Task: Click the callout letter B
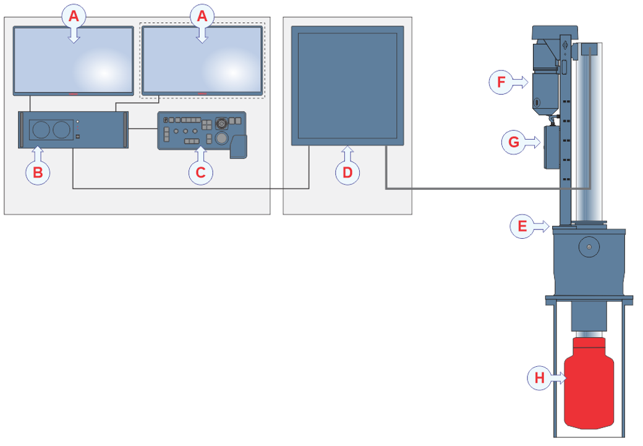click(38, 173)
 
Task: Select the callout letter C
click(200, 173)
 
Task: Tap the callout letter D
click(347, 173)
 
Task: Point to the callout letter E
click(522, 226)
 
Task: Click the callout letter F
click(501, 82)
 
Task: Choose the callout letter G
click(514, 142)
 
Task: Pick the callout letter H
click(539, 377)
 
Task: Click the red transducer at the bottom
click(589, 383)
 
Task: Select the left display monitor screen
click(74, 61)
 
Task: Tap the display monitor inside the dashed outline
click(202, 61)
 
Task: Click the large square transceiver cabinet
click(347, 86)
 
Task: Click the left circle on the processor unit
click(41, 130)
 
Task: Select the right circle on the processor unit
click(61, 130)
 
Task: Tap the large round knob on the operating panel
click(221, 138)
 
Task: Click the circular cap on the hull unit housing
click(589, 247)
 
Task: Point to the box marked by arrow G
click(552, 147)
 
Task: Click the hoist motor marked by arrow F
click(545, 78)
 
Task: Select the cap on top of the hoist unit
click(555, 32)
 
